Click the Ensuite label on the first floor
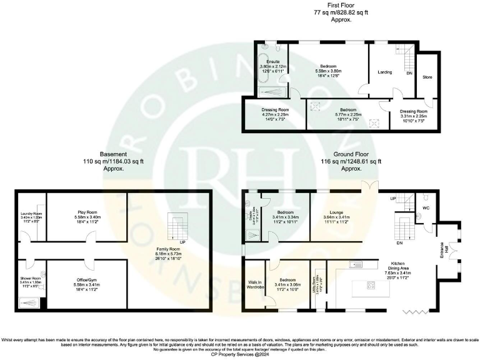[272, 61]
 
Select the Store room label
[427, 77]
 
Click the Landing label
[385, 72]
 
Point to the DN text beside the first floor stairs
[409, 73]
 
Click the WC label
[426, 207]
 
